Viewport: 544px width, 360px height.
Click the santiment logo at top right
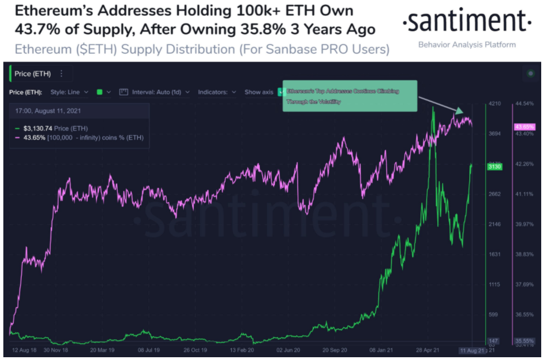(466, 22)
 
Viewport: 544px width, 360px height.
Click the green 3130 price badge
(495, 166)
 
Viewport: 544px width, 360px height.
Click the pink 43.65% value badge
(523, 127)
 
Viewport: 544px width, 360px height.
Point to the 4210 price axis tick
(495, 104)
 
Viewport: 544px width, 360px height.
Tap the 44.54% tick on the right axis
(524, 104)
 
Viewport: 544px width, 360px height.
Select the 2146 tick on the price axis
(495, 224)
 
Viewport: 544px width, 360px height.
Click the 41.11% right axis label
(524, 194)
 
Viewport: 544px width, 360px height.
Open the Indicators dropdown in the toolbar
(217, 92)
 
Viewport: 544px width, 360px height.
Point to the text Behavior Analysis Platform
(466, 45)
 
